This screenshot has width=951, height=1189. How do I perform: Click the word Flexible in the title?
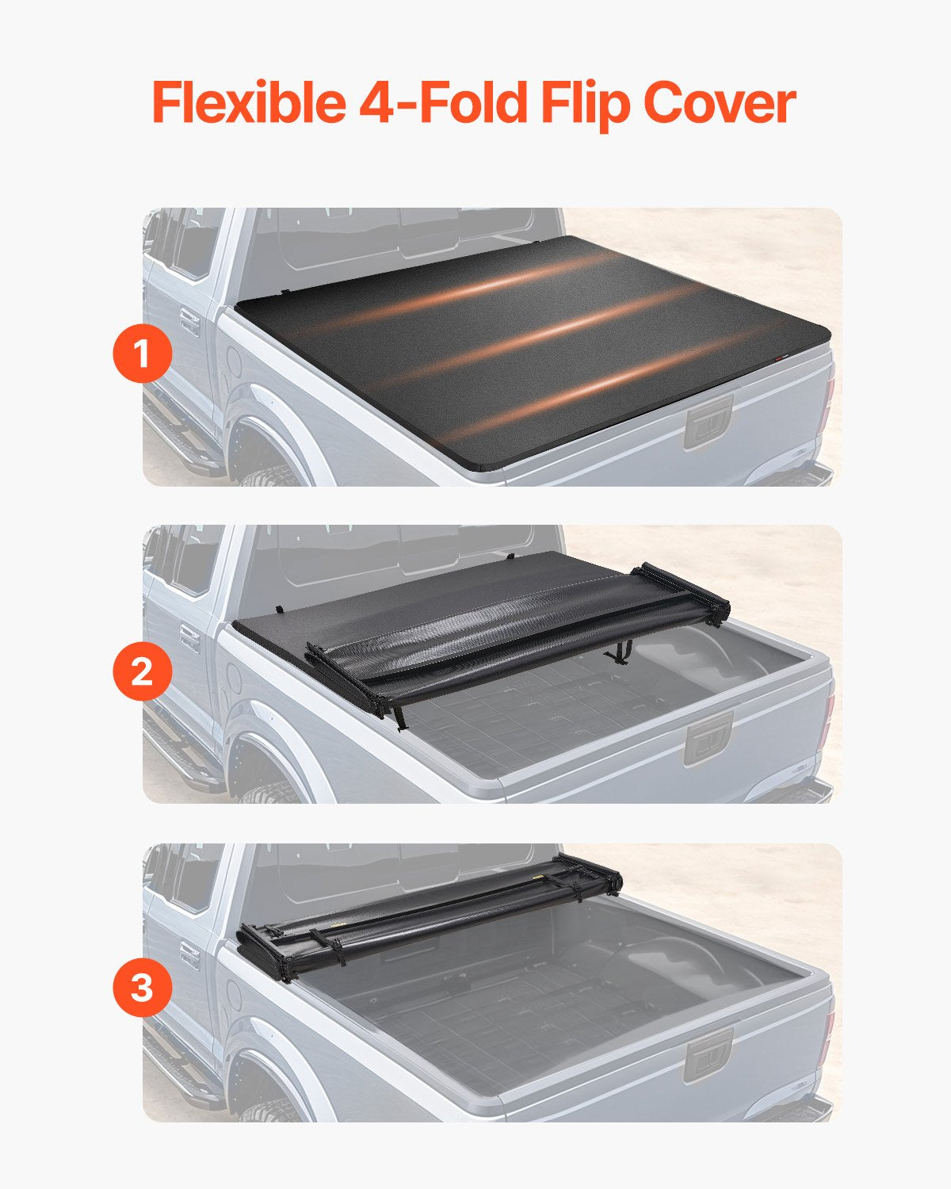point(247,103)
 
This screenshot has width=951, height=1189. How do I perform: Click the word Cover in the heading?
point(719,103)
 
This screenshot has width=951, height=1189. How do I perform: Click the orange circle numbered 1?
point(143,354)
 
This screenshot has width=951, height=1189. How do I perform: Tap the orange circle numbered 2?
point(143,672)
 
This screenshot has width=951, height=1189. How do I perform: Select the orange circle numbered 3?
point(143,989)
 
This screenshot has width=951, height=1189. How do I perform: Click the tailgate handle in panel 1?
point(708,424)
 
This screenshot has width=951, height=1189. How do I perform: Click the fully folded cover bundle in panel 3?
point(428,919)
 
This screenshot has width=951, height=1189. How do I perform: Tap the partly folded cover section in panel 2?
point(515,634)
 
